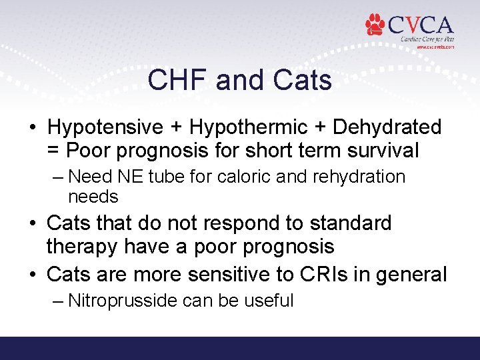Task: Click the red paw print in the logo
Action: pos(375,25)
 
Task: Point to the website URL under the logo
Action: pos(435,47)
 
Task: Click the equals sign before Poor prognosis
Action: pos(55,151)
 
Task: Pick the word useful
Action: pos(269,300)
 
